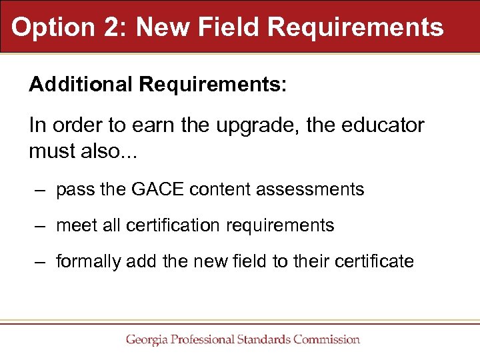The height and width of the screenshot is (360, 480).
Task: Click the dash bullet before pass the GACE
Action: coord(41,191)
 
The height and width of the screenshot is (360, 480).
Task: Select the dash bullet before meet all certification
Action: coord(41,227)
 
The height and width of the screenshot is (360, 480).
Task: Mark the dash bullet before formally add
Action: coord(41,262)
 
